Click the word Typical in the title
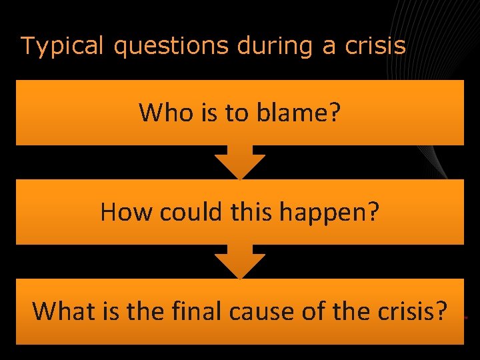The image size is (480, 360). point(61,45)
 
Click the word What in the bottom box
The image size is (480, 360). point(62,311)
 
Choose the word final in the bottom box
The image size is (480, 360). point(193,311)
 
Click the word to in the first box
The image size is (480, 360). point(236,113)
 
